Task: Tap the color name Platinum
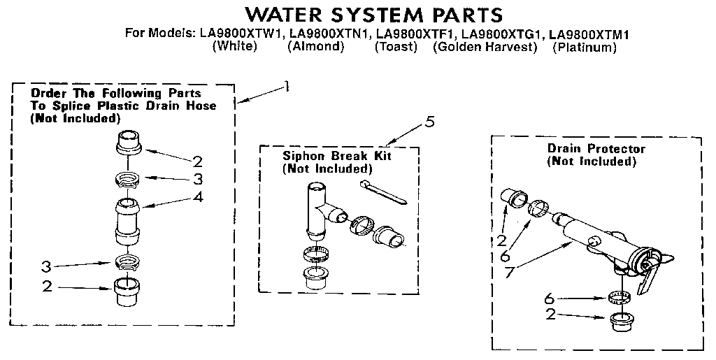pos(584,48)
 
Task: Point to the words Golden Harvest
pos(485,48)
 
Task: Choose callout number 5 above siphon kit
pos(429,123)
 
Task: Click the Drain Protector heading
pos(596,149)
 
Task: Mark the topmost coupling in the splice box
pos(129,144)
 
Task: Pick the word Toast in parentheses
pos(396,48)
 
